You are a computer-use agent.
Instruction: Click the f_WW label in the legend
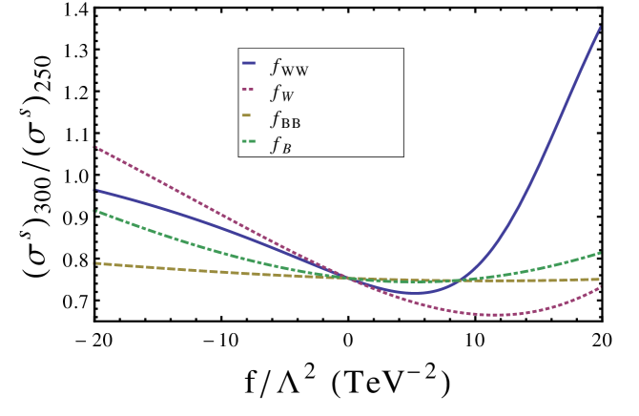click(x=289, y=68)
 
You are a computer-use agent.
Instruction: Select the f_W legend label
click(x=281, y=94)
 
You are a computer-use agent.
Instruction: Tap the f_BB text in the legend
click(x=285, y=119)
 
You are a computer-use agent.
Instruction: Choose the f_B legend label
click(x=280, y=145)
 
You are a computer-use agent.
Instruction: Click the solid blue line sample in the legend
click(x=249, y=63)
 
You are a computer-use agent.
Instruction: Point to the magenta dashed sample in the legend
click(x=249, y=89)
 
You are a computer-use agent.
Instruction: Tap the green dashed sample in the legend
click(x=249, y=141)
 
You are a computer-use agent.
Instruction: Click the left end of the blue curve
click(x=94, y=190)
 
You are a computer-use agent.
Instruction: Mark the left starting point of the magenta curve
click(x=94, y=147)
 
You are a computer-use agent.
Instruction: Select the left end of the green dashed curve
click(x=94, y=211)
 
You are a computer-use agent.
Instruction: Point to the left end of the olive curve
click(x=94, y=263)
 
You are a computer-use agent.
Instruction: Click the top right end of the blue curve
click(x=600, y=27)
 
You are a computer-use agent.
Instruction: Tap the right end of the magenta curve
click(x=600, y=287)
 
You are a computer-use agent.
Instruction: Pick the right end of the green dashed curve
click(x=600, y=253)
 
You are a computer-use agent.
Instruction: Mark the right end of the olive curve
click(x=600, y=280)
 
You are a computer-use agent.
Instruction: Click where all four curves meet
click(x=353, y=279)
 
